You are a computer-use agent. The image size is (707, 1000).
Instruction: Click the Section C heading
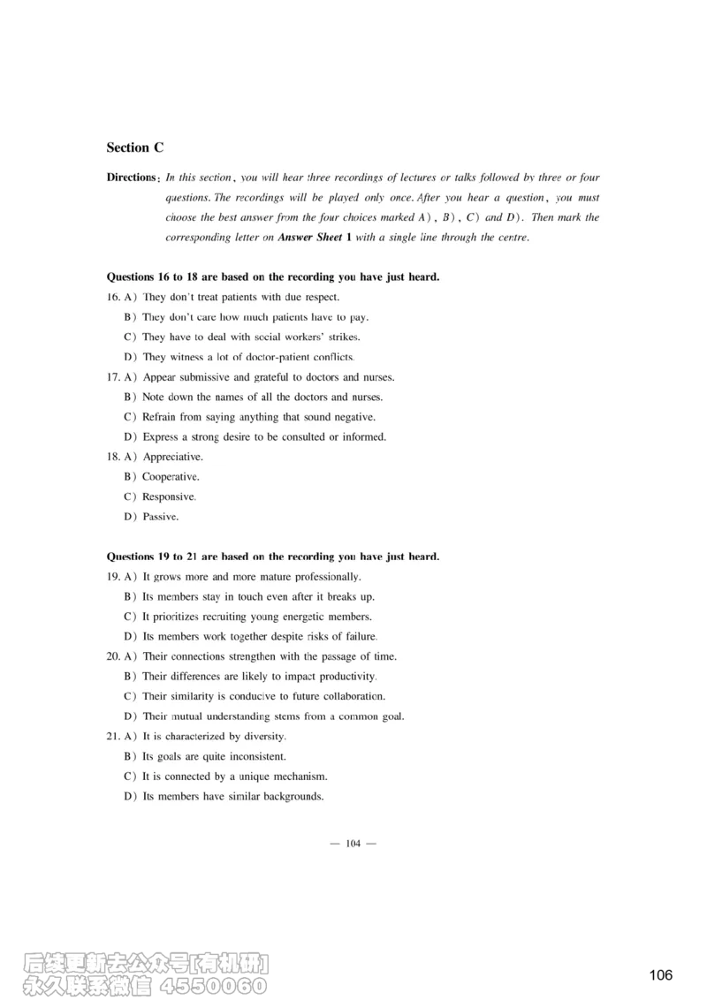tap(134, 148)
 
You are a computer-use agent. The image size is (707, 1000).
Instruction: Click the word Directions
tap(131, 178)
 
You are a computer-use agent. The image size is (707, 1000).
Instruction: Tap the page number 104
tap(353, 844)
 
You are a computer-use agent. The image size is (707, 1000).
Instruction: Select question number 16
tap(113, 298)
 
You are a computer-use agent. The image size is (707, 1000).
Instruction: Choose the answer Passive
tap(160, 517)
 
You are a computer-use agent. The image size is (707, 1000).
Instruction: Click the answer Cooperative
tap(171, 477)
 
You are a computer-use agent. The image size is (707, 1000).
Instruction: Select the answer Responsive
tap(169, 497)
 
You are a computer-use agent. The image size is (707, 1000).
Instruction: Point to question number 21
tap(113, 737)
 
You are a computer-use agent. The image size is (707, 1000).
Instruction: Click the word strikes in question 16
tap(344, 337)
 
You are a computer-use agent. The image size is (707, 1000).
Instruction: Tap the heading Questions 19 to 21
tap(272, 557)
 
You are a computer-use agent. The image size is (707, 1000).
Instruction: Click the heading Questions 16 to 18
tap(272, 277)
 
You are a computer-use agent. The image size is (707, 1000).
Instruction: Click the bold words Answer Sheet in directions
tap(310, 238)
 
